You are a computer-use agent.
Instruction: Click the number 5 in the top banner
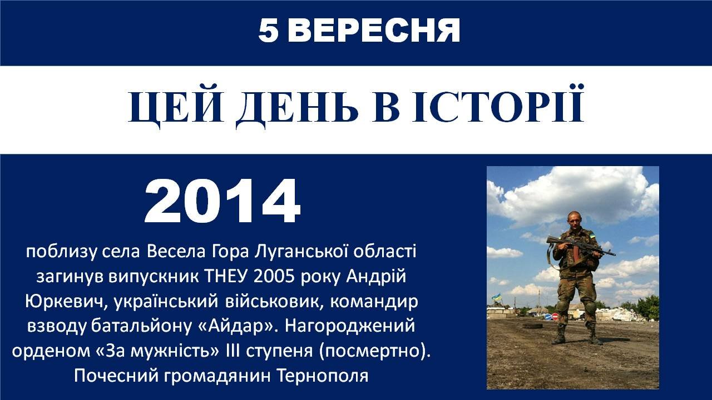coord(268,31)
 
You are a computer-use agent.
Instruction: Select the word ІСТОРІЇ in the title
coord(498,103)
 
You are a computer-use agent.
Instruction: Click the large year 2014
coord(222,201)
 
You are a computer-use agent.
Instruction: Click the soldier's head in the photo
coord(575,221)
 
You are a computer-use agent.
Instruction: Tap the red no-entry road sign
coord(555,317)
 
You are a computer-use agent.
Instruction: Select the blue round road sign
coord(548,317)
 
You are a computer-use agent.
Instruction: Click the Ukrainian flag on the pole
coord(496,297)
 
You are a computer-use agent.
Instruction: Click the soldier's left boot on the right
coord(595,337)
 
